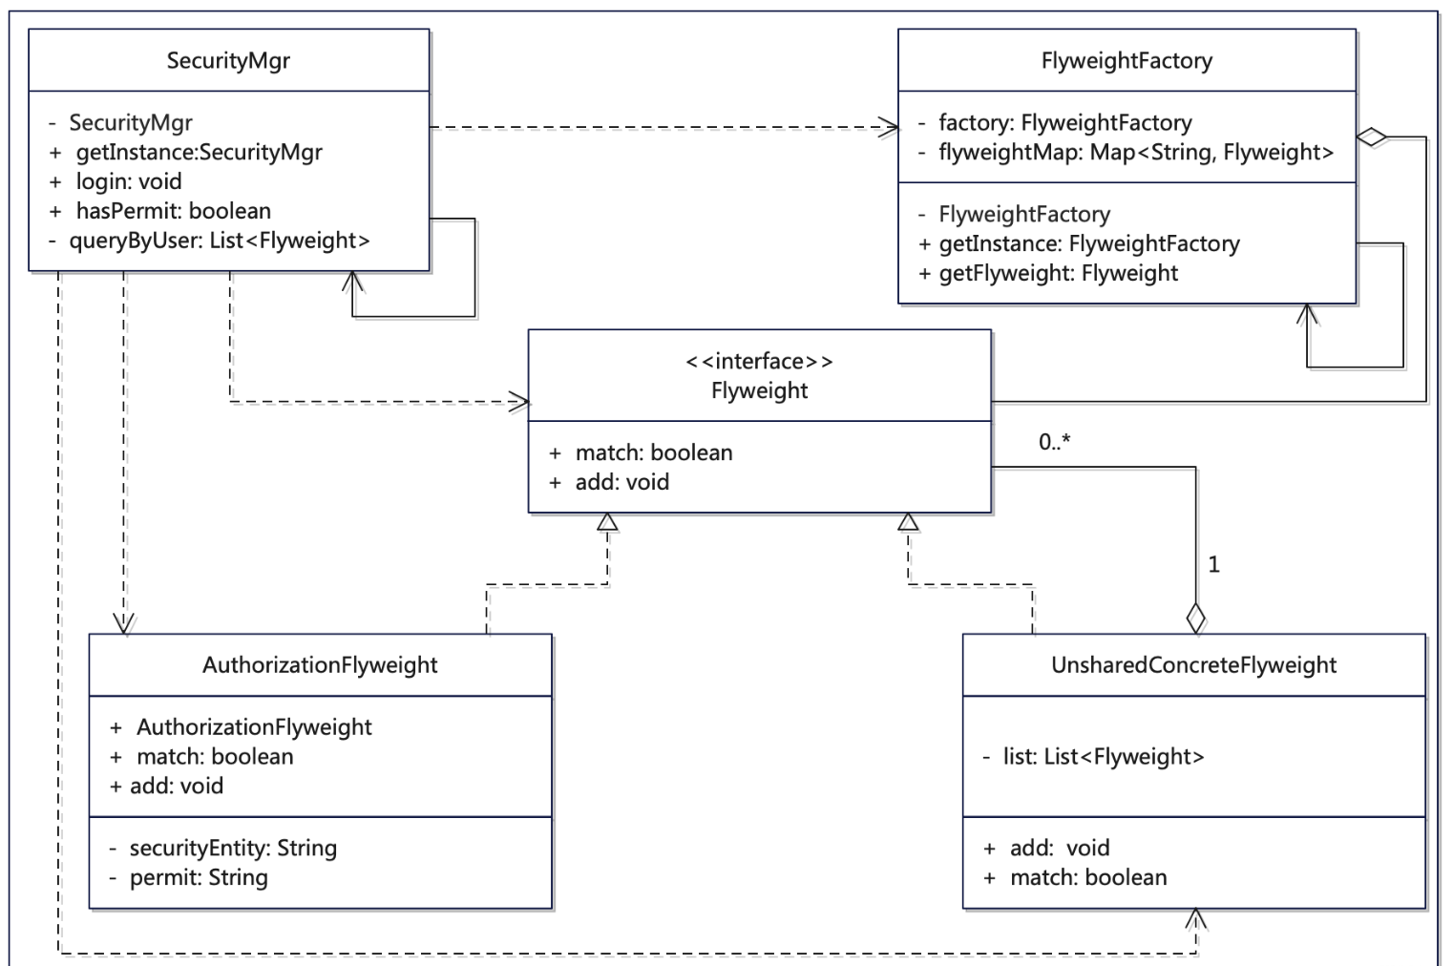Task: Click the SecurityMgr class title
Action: point(228,61)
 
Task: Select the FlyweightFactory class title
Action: point(1127,61)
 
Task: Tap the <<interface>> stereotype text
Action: point(759,361)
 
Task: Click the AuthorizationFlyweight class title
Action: point(320,665)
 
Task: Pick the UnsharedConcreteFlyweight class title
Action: point(1193,665)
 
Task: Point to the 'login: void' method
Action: point(129,181)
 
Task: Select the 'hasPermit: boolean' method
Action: point(173,211)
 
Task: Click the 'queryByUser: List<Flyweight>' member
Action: point(219,241)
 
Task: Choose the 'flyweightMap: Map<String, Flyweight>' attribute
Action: point(1135,152)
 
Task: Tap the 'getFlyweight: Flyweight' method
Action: point(1058,273)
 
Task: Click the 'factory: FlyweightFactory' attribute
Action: point(1064,122)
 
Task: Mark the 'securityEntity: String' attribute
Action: point(233,848)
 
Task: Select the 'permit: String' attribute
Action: point(199,877)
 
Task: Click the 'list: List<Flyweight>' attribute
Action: point(1103,757)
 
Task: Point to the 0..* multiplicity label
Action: point(1055,442)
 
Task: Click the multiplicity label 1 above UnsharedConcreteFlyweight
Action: point(1213,565)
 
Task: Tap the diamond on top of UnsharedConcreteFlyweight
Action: point(1195,618)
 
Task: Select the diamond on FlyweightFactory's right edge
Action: point(1372,137)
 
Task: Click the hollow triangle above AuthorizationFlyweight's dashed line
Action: point(607,522)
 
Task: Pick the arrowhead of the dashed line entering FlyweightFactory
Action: point(890,127)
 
